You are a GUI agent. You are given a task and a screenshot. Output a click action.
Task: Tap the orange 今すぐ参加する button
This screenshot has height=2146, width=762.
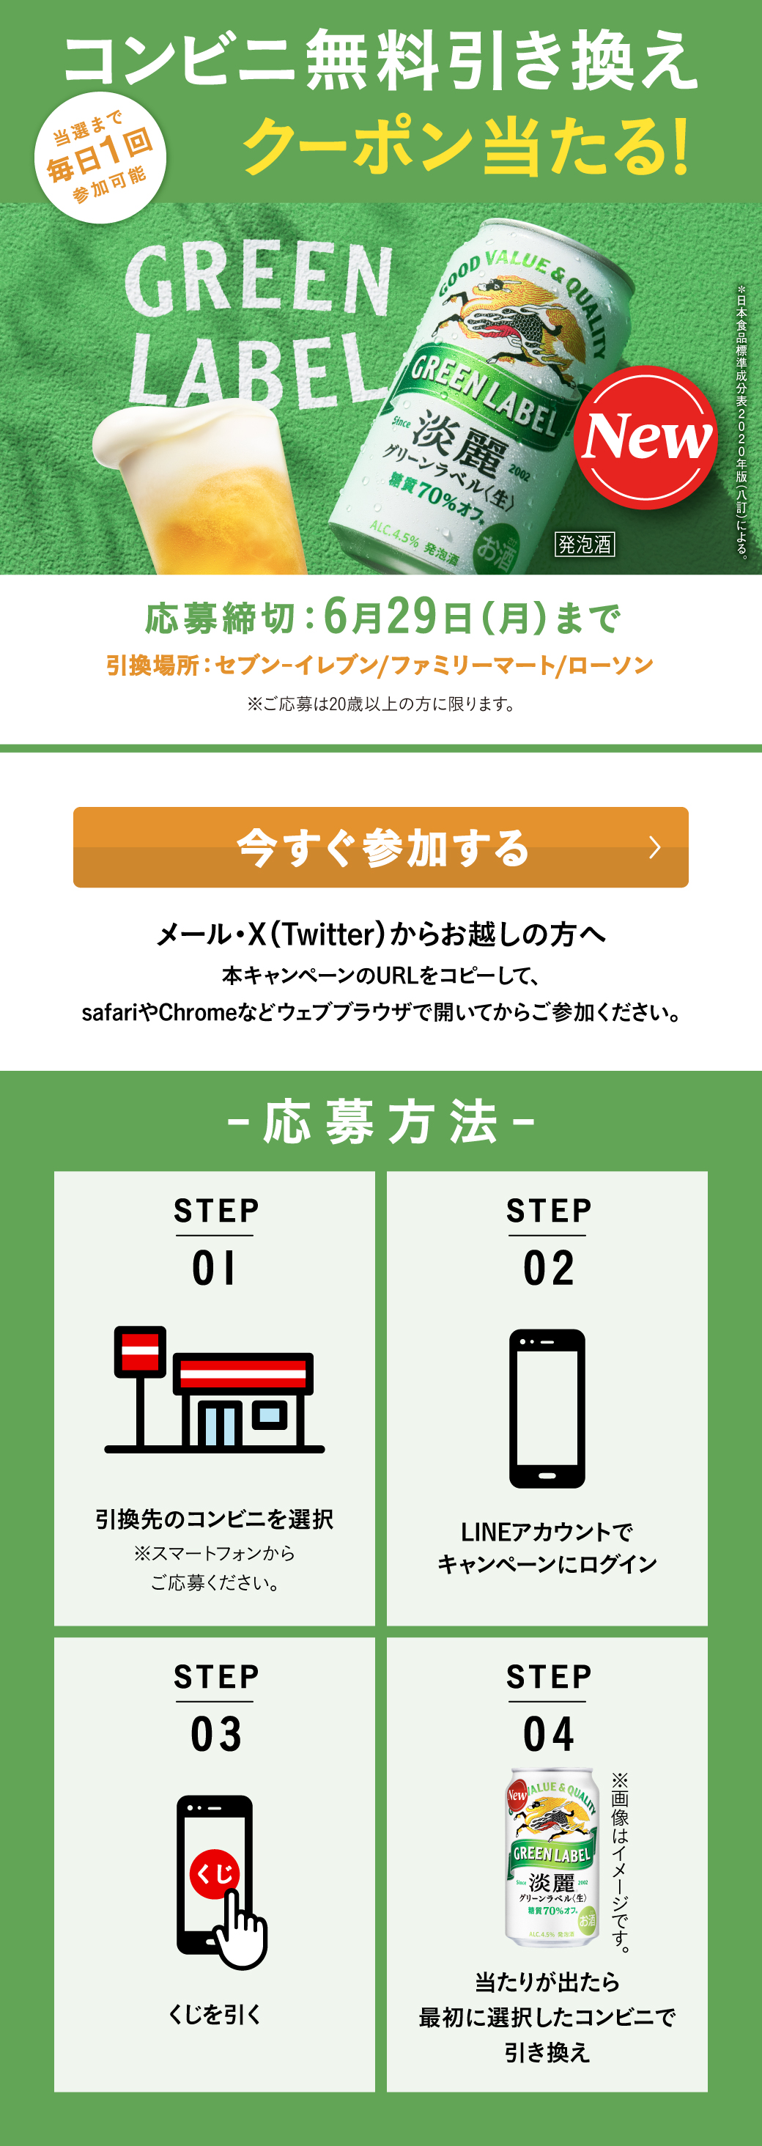[x=380, y=847]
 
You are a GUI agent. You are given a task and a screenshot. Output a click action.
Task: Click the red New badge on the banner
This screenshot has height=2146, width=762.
[x=646, y=438]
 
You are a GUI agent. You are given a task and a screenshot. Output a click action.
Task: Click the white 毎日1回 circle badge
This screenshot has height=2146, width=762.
[x=100, y=158]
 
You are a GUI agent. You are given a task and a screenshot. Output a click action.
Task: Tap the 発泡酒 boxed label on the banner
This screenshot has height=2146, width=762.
[x=585, y=544]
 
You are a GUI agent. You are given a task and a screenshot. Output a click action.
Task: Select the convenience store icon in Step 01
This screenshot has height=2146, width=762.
[x=214, y=1389]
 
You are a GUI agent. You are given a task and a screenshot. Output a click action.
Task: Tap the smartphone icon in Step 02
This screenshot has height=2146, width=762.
[x=547, y=1408]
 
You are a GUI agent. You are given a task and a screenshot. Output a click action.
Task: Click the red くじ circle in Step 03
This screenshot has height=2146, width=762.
[x=215, y=1873]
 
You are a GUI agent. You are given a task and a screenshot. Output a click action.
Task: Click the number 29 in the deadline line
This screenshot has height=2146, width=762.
[x=411, y=616]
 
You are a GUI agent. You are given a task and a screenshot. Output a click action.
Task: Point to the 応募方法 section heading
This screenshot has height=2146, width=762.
[x=380, y=1121]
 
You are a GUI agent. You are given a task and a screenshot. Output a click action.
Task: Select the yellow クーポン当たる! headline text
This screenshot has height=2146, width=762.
[x=467, y=147]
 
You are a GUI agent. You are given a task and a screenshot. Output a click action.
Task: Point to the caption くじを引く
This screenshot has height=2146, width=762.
[x=215, y=2014]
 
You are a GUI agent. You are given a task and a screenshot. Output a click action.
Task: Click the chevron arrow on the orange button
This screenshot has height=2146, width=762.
[x=656, y=847]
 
